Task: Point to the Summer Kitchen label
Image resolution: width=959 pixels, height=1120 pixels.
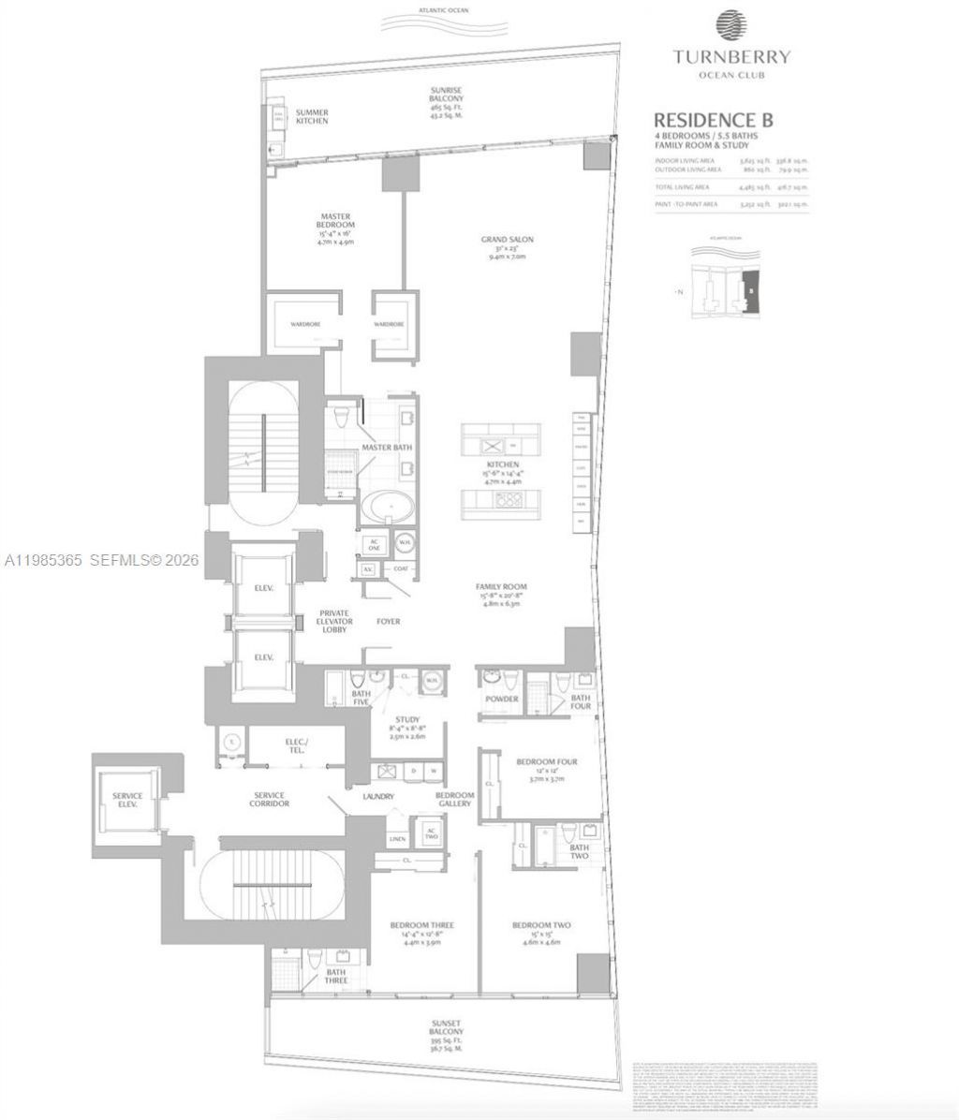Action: click(x=312, y=116)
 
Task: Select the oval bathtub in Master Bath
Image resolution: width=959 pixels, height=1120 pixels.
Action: click(x=385, y=509)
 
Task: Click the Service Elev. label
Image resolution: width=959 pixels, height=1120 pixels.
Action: click(x=126, y=802)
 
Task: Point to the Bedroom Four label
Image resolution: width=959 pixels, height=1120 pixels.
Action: click(x=547, y=762)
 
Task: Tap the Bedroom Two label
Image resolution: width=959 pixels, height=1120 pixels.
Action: click(x=541, y=925)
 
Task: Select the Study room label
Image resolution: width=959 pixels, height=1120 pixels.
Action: click(x=407, y=720)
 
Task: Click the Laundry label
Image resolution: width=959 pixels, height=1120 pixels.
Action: click(x=378, y=796)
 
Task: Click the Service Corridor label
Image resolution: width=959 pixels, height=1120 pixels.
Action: click(x=271, y=799)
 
